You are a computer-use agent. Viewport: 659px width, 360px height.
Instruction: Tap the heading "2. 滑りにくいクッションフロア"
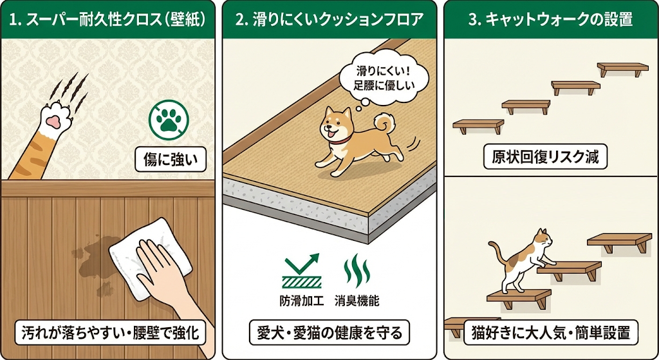(329, 19)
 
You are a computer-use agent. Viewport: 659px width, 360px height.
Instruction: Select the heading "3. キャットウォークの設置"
(550, 19)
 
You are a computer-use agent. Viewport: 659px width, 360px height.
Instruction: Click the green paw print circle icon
(169, 118)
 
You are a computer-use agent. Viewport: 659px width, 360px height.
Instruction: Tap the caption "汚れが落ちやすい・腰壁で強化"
(110, 333)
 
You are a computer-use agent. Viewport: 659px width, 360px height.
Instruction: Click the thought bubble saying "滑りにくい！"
(382, 77)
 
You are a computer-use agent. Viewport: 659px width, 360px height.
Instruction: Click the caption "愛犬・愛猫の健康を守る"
(329, 333)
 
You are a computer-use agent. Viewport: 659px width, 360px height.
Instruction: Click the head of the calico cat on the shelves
(544, 239)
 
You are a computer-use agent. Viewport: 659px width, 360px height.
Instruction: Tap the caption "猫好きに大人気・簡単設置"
(551, 333)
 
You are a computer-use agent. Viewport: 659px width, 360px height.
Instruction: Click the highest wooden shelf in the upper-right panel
(622, 67)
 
